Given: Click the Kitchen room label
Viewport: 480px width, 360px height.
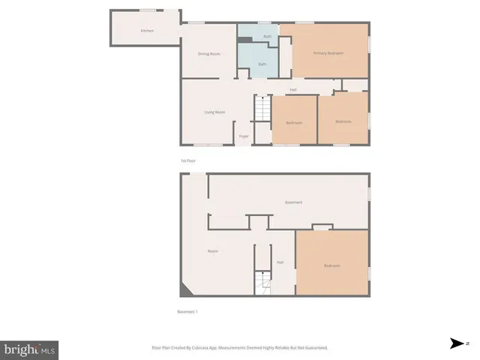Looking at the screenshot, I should click(x=148, y=31).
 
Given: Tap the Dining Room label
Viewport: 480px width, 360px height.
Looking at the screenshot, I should click(x=208, y=54).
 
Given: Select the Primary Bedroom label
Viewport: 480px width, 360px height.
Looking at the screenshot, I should click(x=328, y=53).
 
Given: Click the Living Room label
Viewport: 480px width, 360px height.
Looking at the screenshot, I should click(x=215, y=112).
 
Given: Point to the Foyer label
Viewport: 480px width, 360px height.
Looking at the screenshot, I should click(x=244, y=136).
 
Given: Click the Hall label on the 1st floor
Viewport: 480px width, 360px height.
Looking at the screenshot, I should click(x=294, y=90).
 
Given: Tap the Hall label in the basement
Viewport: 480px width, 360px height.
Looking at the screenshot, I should click(x=280, y=262).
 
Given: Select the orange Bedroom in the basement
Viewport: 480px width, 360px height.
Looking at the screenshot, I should click(x=331, y=266).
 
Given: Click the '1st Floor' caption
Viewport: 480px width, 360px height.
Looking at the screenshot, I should click(x=187, y=160).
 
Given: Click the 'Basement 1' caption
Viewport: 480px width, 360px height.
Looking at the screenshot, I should click(x=187, y=311).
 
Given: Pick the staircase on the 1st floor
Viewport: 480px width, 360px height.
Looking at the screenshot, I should click(x=261, y=109).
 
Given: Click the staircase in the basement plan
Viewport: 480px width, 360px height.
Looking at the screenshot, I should click(x=261, y=283).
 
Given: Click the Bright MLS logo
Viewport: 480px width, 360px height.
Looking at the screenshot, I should click(x=29, y=349).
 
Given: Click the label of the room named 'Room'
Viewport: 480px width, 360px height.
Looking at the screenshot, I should click(x=212, y=251).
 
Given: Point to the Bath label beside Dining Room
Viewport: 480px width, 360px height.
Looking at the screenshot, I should click(x=262, y=64).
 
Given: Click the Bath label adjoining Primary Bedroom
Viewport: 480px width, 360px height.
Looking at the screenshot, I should click(x=267, y=36).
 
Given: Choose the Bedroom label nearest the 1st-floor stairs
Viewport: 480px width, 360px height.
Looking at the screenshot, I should click(x=293, y=122).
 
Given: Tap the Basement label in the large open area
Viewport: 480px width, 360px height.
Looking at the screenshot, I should click(x=293, y=202).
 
